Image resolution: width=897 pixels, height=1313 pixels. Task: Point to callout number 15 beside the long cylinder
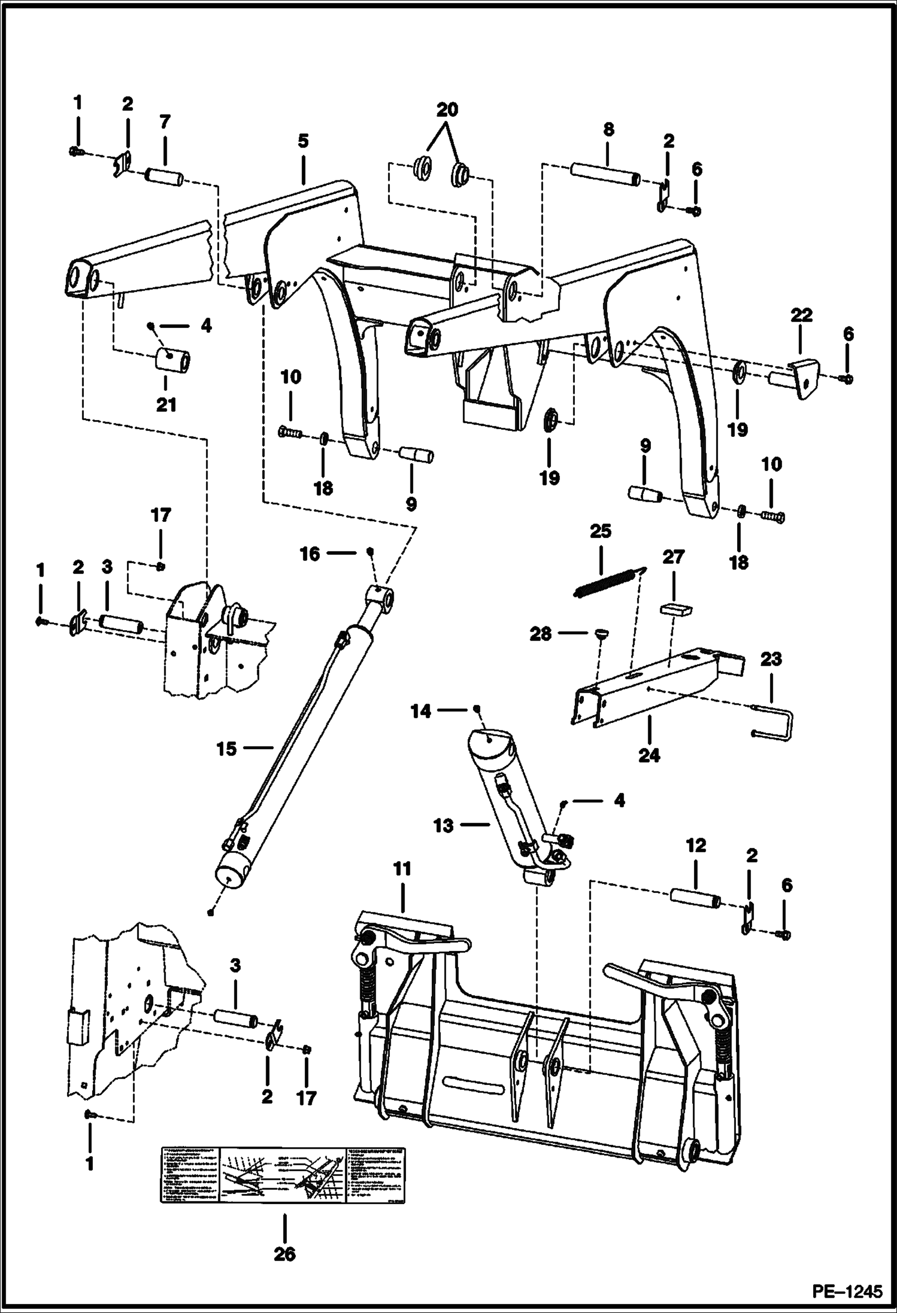[226, 749]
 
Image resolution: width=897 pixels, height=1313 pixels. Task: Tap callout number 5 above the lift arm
[303, 141]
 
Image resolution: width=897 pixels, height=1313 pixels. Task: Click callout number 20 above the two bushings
[447, 110]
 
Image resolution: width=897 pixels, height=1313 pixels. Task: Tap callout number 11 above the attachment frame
[402, 868]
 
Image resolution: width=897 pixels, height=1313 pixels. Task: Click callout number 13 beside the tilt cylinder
[443, 825]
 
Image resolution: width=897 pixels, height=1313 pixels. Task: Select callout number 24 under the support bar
[648, 755]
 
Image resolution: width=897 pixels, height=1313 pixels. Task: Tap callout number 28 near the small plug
[540, 634]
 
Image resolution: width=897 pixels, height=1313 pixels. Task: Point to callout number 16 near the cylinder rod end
[310, 554]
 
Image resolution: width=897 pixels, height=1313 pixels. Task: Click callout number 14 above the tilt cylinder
[420, 711]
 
